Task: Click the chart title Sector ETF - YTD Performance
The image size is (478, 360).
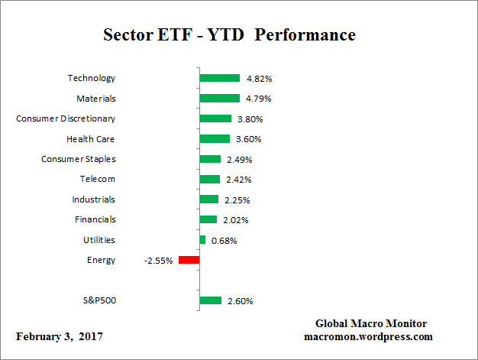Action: pos(229,35)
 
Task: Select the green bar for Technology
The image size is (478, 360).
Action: pos(220,78)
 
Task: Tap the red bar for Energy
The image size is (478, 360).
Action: pos(189,260)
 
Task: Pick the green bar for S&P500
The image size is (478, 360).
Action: pos(210,300)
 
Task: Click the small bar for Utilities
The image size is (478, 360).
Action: pos(202,240)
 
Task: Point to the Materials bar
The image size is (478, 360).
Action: pos(219,98)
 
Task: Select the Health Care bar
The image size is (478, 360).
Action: pos(215,138)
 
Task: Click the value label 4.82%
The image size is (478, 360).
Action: pos(260,78)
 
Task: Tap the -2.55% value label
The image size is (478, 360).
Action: pos(158,261)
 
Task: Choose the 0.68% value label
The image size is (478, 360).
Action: pos(224,241)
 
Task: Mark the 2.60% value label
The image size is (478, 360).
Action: pos(241,301)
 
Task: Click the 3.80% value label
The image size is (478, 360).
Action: pos(251,118)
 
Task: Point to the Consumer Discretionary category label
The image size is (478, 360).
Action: pos(66,118)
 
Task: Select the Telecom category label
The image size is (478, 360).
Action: pos(97,179)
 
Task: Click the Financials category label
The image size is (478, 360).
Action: pos(95,219)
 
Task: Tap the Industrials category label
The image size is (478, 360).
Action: pos(94,199)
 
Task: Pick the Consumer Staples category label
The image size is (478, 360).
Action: pos(78,159)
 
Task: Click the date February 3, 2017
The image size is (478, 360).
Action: pos(60,336)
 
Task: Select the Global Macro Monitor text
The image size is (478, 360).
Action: pos(370,323)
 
